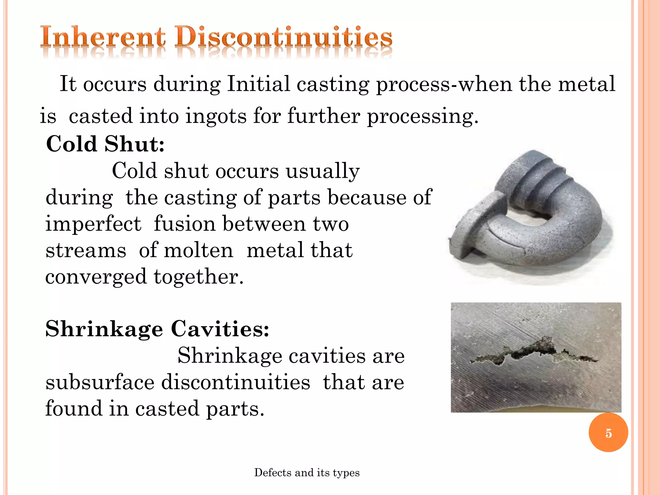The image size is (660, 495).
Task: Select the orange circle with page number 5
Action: pos(608,433)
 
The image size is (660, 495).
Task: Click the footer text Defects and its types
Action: pos(307,473)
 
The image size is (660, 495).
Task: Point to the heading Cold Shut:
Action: pos(105,144)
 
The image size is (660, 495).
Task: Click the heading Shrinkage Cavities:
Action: pos(157,329)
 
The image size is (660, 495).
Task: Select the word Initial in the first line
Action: pos(258,84)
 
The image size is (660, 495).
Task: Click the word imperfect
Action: pos(93,224)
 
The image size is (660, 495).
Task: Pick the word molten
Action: pos(199,250)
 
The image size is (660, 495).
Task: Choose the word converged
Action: pos(96,277)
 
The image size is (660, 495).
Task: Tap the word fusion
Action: pos(184,224)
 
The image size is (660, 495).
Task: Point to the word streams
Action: pos(86,250)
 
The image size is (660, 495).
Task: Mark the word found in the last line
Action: pos(73,409)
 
